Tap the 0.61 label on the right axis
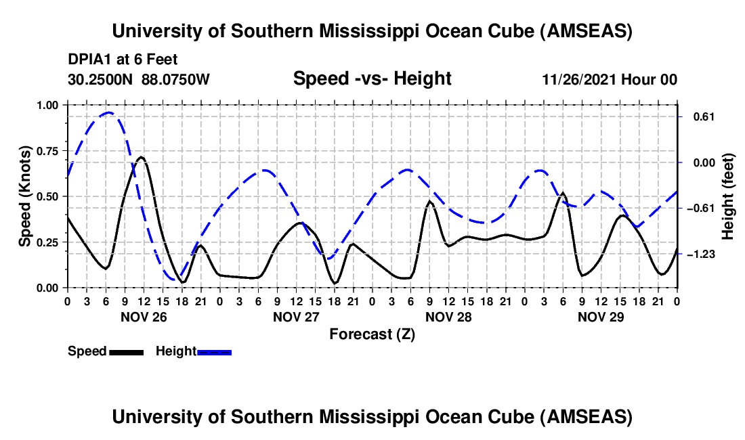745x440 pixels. point(699,116)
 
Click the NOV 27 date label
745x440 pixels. point(295,316)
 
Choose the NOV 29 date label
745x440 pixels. point(600,316)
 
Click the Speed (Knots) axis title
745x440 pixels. point(24,196)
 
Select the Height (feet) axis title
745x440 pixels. point(728,196)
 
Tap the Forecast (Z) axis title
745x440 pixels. point(372,334)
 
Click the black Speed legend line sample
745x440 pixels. point(125,351)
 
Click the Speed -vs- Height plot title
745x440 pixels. point(372,79)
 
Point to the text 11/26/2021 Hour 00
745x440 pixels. point(610,79)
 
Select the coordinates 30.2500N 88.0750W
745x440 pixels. point(139,79)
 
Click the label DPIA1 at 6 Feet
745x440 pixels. point(123,60)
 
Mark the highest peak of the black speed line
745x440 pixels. point(141,157)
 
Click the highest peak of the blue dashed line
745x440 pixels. point(108,112)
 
